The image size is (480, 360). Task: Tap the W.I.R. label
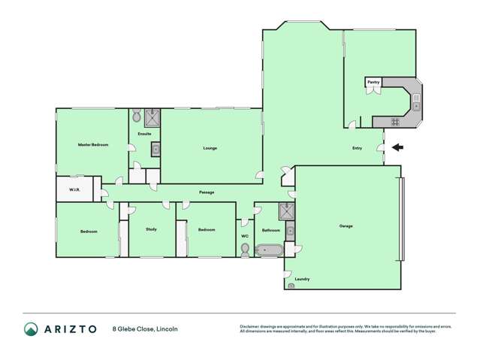pos(75,189)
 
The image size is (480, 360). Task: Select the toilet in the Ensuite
pos(137,116)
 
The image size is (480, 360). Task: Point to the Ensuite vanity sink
pos(155,149)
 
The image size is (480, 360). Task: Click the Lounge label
pos(210,148)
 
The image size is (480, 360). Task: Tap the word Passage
pos(207,192)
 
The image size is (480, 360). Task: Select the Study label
pos(151,228)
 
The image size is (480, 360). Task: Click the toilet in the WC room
pos(245,253)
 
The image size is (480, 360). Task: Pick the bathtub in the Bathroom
pos(268,250)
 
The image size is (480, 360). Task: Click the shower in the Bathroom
pos(287,210)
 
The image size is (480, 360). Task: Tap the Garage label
pos(346,225)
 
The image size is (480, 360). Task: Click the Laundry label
pos(302,279)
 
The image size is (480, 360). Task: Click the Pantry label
pos(373,82)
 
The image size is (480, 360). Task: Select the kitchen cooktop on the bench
pos(395,121)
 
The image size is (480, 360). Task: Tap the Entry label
pos(357,148)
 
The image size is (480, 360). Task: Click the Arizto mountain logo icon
pos(31,328)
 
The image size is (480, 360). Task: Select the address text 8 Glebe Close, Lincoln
pos(145,328)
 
